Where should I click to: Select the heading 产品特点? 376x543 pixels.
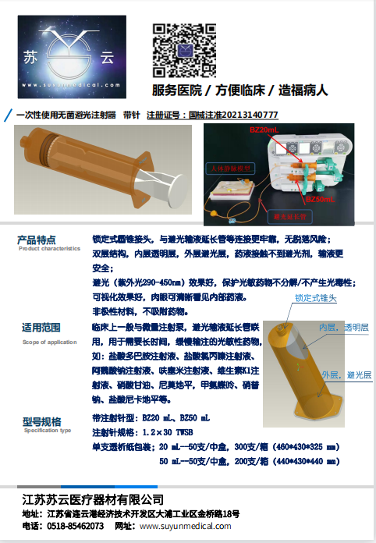[x=37, y=239]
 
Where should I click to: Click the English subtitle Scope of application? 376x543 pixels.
[x=49, y=342]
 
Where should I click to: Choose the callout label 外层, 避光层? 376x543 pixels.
[x=345, y=374]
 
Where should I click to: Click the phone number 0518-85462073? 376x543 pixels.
[x=73, y=527]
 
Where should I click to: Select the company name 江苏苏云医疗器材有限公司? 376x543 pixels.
[x=93, y=499]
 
